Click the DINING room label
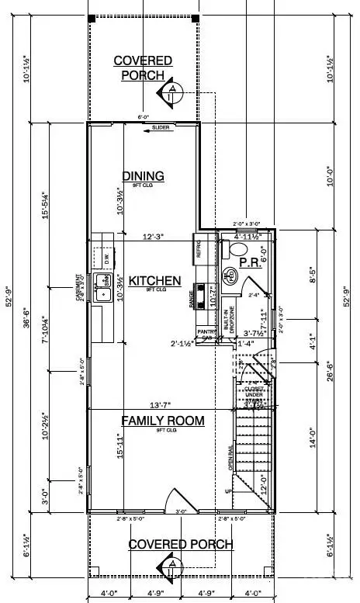[x=143, y=175]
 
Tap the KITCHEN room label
[x=154, y=281]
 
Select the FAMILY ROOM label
[x=162, y=421]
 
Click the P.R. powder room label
[x=248, y=263]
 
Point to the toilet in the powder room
[x=239, y=249]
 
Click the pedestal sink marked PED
[x=230, y=276]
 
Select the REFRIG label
[x=199, y=249]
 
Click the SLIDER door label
[x=161, y=127]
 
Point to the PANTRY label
[x=206, y=331]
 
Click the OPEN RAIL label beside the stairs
[x=230, y=461]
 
